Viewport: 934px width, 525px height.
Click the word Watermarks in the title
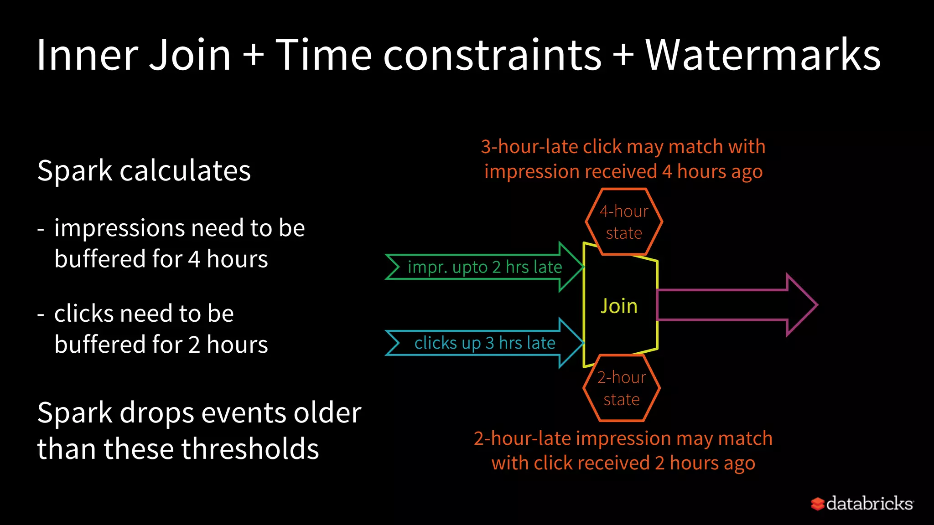[x=763, y=55]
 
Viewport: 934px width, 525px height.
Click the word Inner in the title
[x=87, y=55]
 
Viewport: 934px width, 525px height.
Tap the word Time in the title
[x=324, y=55]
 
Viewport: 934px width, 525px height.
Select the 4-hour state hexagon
[x=624, y=222]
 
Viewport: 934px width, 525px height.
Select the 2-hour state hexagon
[x=621, y=388]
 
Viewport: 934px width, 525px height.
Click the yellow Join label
[x=619, y=306]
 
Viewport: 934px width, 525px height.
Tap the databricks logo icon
[x=817, y=504]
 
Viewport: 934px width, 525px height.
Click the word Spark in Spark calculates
[x=75, y=171]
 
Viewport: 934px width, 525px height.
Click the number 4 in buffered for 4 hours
[x=194, y=259]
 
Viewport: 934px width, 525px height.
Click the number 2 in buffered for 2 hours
[x=194, y=345]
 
